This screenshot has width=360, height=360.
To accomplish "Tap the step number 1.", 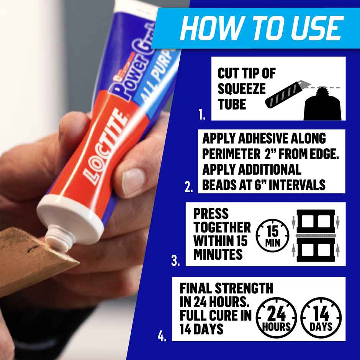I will coord(202,115).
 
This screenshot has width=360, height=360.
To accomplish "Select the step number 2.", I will coord(188,188).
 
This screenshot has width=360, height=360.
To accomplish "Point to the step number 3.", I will coord(175,262).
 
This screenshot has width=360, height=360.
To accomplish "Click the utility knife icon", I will coord(285,96).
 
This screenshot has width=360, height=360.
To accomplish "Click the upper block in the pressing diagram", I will coord(316,221).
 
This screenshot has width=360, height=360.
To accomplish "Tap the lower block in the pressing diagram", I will coord(316,249).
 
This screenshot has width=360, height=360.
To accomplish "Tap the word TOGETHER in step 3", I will coord(222,227).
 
